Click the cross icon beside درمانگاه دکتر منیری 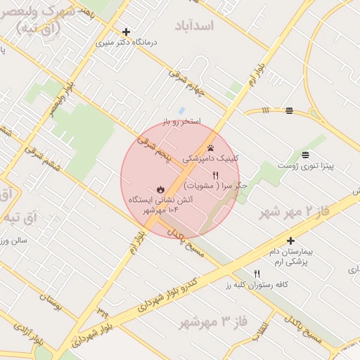[126, 32]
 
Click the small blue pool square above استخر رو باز [181, 111]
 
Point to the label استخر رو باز [181, 122]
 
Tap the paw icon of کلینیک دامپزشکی [210, 148]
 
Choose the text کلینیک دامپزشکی [210, 159]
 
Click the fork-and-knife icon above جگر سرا [216, 175]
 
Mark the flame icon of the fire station [160, 189]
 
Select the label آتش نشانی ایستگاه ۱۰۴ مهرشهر [160, 205]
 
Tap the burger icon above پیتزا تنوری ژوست [304, 155]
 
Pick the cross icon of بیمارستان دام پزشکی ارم [290, 240]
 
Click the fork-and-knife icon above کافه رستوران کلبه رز [257, 274]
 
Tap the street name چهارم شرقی [186, 83]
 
